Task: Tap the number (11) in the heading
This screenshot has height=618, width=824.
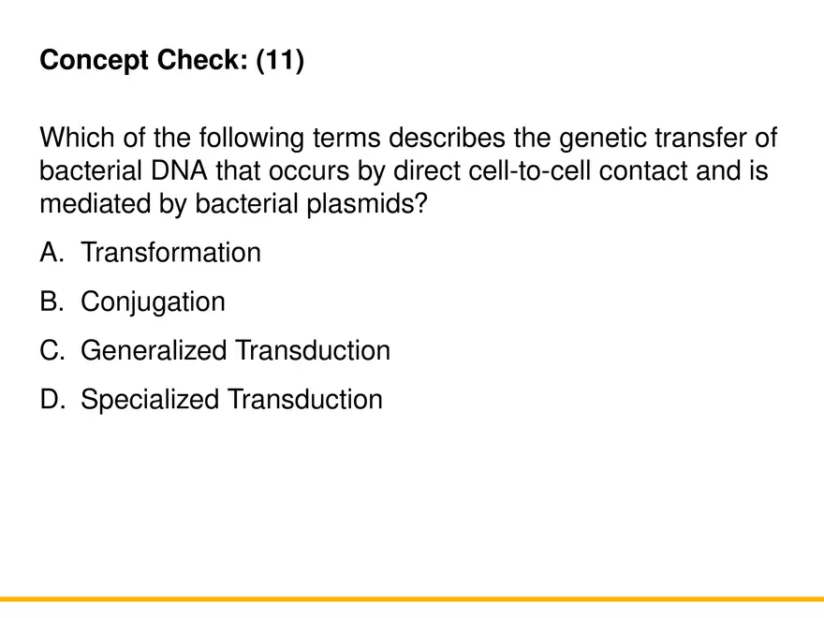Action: pos(279,62)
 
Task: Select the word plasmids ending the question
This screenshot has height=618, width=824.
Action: pos(366,203)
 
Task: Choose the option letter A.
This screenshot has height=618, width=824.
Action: pos(50,253)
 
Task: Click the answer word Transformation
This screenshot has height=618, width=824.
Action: pos(170,253)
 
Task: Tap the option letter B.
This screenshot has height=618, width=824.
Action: pos(50,302)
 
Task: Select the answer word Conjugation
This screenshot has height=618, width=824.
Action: pos(153,302)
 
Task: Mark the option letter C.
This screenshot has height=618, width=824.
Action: pos(50,351)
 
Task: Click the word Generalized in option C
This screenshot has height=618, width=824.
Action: pos(154,351)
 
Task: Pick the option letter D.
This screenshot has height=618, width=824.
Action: pos(50,400)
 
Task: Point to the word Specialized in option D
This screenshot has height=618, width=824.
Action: pos(150,400)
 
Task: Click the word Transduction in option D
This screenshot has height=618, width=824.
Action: pos(305,400)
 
